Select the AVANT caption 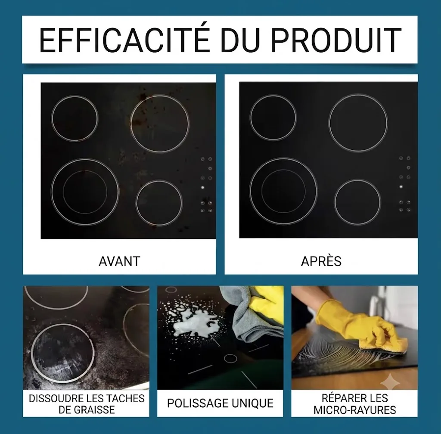[120, 261]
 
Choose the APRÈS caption [321, 261]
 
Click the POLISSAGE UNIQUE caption [220, 403]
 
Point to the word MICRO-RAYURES [355, 410]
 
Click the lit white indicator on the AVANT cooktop [202, 187]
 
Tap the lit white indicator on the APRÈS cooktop [401, 186]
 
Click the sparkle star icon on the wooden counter [390, 381]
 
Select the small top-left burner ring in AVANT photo [52, 118]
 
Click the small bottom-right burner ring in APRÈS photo [334, 202]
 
